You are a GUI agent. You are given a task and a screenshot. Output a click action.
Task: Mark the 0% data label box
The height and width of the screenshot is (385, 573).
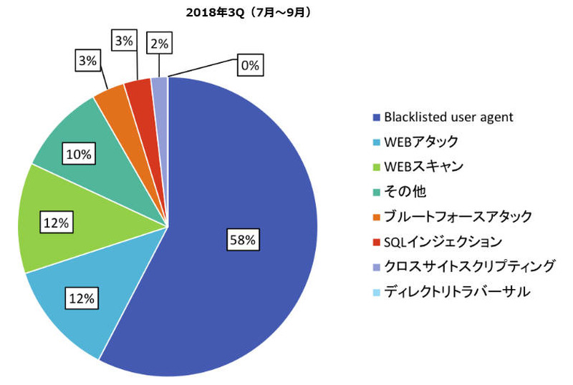coord(249,66)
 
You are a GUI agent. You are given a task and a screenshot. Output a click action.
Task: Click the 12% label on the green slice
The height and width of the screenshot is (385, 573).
coord(56,223)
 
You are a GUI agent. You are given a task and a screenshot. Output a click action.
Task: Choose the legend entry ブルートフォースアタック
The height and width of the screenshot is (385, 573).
coord(458,215)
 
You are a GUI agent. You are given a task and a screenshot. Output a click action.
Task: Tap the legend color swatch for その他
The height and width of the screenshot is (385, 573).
coord(376,191)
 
